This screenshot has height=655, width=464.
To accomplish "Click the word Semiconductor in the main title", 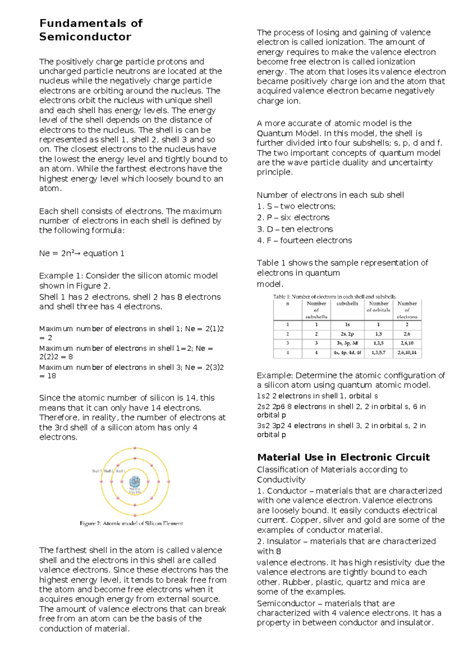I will tap(85, 37).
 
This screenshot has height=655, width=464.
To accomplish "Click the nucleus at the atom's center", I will tap(135, 482).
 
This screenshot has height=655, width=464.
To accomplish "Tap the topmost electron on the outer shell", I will tap(135, 448).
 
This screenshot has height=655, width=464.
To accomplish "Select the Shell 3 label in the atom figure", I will tap(97, 471).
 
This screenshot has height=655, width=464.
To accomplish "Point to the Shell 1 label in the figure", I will tap(120, 471).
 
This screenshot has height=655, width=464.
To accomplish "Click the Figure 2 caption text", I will tap(131, 523).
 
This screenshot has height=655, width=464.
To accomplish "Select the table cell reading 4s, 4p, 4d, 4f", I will tap(347, 353).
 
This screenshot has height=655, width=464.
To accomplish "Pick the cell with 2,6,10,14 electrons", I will tap(407, 353).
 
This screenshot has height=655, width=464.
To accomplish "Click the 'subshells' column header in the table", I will tap(347, 304).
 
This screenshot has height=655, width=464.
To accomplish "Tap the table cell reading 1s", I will tap(347, 324).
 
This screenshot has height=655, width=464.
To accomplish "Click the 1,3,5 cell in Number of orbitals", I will tap(378, 343).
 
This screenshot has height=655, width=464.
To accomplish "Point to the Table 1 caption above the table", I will tap(334, 297).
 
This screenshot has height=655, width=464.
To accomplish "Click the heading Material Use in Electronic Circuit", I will tap(343, 457).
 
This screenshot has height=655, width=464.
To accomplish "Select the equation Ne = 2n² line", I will tap(82, 253).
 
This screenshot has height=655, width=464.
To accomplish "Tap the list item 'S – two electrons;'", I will tap(296, 206).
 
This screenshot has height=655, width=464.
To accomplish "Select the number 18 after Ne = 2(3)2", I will tap(51, 376).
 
